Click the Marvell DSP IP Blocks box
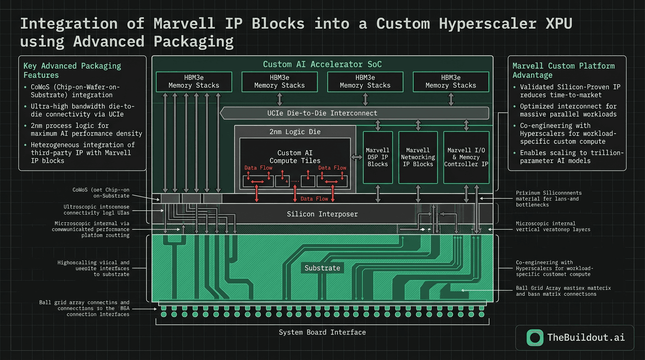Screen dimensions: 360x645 (x=377, y=157)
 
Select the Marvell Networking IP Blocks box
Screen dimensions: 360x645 (x=418, y=157)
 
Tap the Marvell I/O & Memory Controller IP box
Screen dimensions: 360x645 (x=466, y=157)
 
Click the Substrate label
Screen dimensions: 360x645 (x=322, y=268)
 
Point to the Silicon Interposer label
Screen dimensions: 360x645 (x=322, y=214)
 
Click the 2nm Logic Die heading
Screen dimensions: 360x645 (x=295, y=132)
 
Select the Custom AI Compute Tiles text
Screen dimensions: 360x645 (x=295, y=157)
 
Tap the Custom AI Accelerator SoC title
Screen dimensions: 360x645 (x=322, y=64)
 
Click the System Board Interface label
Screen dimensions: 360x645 (x=322, y=332)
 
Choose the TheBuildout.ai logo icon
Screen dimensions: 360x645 (x=535, y=337)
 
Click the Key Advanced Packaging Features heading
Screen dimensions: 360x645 (x=72, y=70)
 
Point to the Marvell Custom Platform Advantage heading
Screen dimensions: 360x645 (x=563, y=70)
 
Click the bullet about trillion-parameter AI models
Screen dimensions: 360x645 (x=571, y=157)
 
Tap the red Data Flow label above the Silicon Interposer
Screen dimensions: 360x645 (x=314, y=199)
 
